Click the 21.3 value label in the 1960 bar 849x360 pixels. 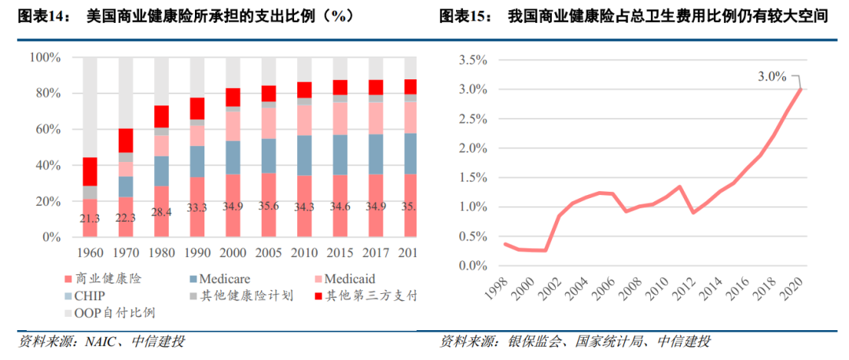pos(90,219)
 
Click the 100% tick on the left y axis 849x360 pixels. pos(45,57)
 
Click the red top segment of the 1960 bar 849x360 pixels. pos(90,171)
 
